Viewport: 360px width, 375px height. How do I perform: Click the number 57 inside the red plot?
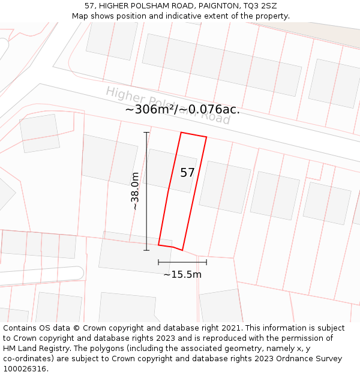tap(187, 173)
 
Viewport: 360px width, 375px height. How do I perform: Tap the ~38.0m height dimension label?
tap(136, 191)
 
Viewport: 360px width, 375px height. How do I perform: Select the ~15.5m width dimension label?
tap(182, 275)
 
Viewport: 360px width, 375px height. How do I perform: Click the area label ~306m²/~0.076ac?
tap(182, 109)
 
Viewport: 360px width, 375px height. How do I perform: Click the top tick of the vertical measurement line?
tap(146, 132)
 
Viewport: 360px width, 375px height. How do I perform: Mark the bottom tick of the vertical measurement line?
tap(146, 250)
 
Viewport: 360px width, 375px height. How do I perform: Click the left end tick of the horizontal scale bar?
tap(158, 262)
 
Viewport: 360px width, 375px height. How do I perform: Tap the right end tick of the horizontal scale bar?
tap(206, 262)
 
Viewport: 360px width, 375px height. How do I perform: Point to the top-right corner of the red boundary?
tap(206, 137)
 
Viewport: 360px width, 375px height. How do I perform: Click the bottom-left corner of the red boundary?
tap(158, 245)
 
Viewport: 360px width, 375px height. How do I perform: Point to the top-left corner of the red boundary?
tap(181, 133)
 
